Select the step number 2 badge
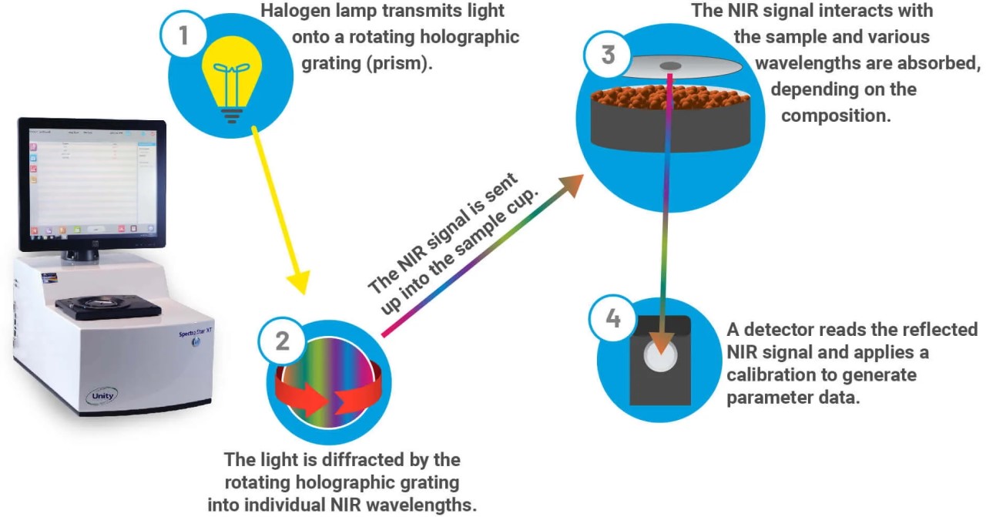pos(283,341)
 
